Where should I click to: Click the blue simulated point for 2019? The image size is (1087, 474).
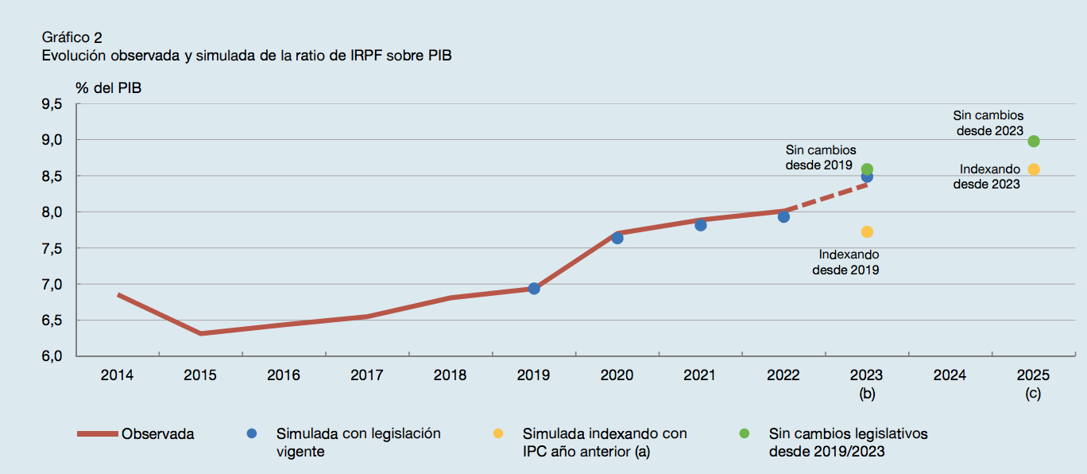pos(534,289)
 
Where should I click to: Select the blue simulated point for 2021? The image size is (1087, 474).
pos(701,225)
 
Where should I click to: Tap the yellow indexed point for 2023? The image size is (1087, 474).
pos(867,231)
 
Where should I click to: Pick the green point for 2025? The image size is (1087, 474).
pos(1034,142)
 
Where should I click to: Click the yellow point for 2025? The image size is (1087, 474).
pos(1034,169)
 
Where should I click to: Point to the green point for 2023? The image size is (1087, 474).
pos(867,169)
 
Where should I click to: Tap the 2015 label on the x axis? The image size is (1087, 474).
pos(200,375)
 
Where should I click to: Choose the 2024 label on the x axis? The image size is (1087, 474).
pos(950,375)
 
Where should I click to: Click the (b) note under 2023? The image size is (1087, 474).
pos(867,393)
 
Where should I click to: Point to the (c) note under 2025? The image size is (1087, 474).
pos(1033,393)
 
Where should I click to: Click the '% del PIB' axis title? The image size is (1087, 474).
pos(109,88)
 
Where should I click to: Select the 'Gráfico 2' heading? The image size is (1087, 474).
pos(72,37)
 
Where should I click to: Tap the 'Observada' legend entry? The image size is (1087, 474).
pos(157,434)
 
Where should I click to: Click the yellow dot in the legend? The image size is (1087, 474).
pos(498,433)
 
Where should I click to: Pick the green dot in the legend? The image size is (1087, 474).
pos(745,433)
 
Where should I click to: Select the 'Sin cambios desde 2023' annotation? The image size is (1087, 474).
pos(988,123)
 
